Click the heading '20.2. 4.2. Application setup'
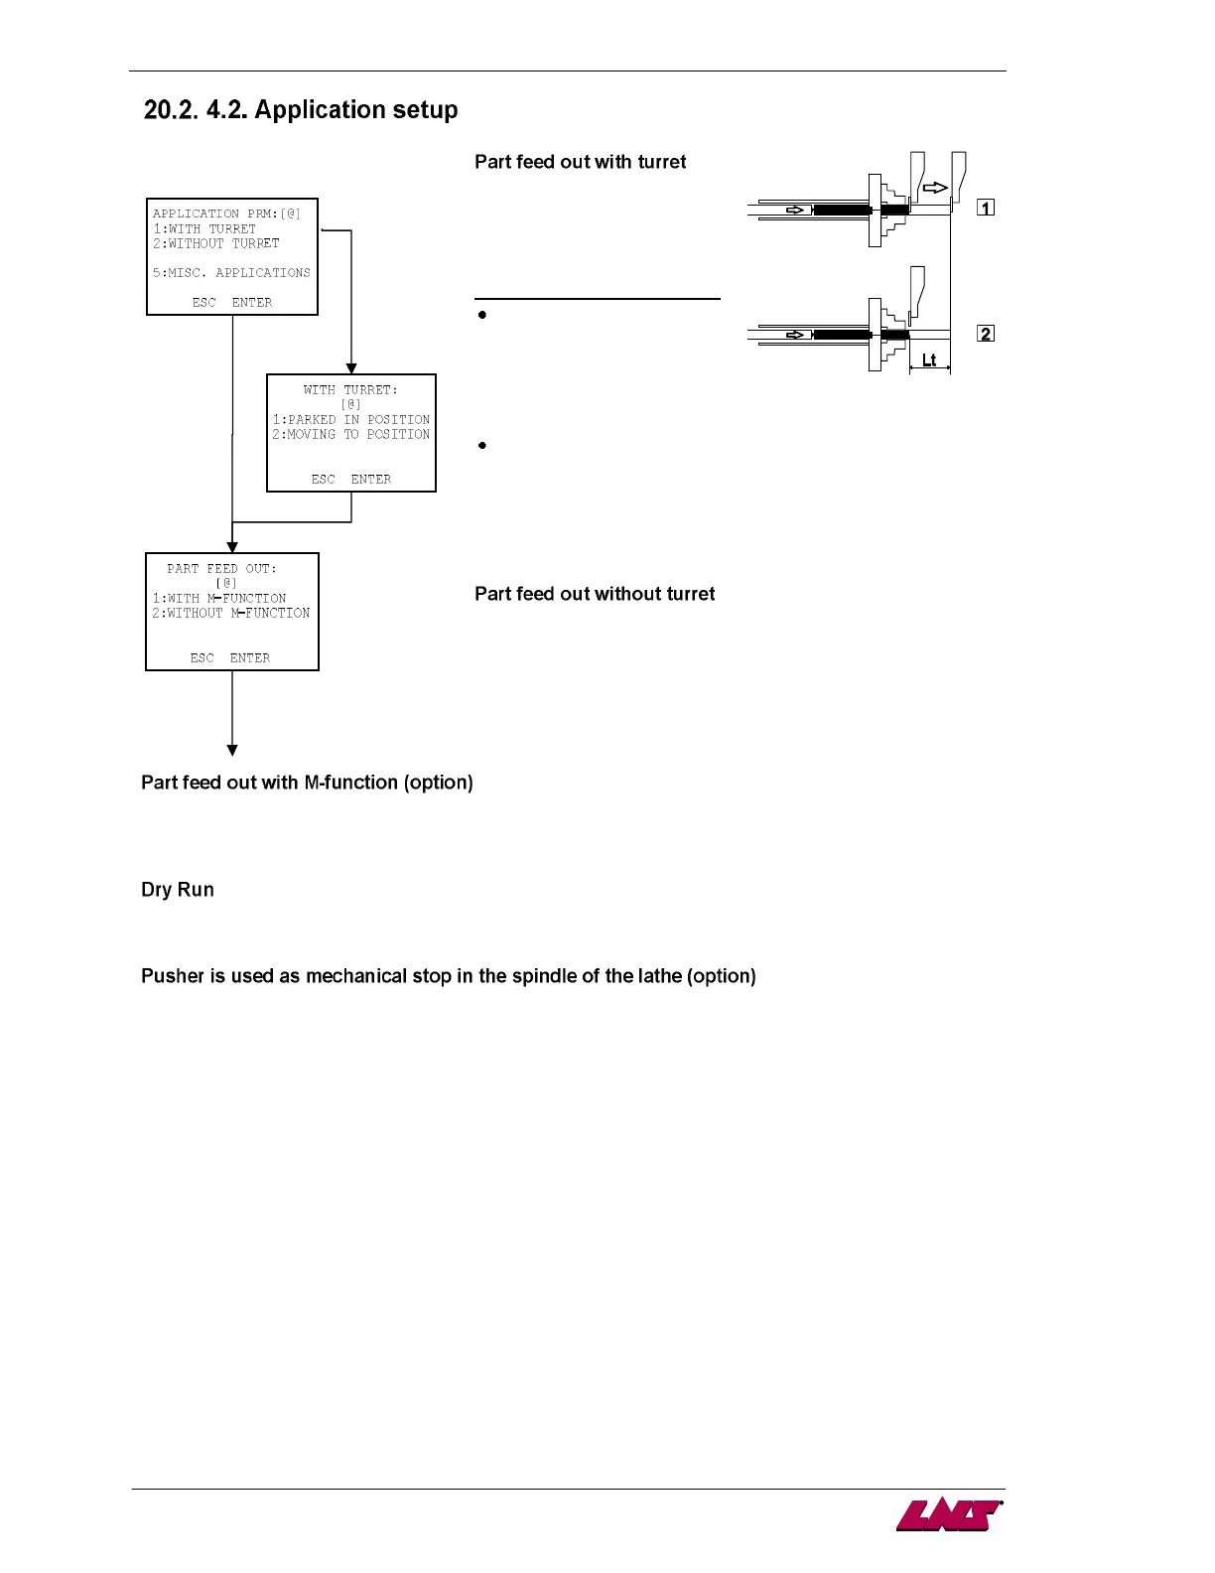click(301, 110)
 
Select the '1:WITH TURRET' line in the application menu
click(204, 228)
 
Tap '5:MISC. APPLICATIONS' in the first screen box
click(231, 273)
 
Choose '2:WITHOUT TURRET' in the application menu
click(216, 243)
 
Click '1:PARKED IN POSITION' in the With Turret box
click(351, 420)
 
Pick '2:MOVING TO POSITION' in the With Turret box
click(351, 435)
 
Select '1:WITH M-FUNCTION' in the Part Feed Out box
click(219, 599)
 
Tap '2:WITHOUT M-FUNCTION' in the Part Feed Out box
click(231, 614)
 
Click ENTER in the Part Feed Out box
click(250, 658)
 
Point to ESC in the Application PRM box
click(203, 303)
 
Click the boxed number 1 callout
click(986, 208)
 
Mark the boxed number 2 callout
click(986, 334)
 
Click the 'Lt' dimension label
click(929, 360)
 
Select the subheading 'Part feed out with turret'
click(580, 162)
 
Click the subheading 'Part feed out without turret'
click(595, 594)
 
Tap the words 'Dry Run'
click(178, 890)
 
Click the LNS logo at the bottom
click(948, 1515)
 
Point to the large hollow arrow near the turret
click(935, 188)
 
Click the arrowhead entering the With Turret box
click(351, 368)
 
